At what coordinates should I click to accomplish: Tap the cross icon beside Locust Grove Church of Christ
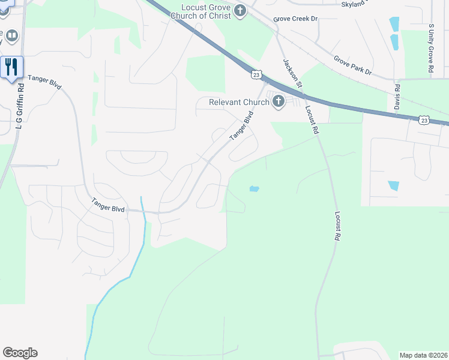(x=240, y=10)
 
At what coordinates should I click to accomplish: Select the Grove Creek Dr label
(x=295, y=19)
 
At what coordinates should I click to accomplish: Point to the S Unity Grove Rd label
(x=431, y=49)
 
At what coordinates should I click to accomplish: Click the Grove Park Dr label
(x=353, y=67)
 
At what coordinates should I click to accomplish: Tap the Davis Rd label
(x=397, y=95)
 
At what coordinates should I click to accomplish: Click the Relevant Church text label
(x=238, y=102)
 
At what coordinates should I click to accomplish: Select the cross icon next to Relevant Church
(x=278, y=101)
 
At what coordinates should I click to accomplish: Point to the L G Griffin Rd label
(x=20, y=108)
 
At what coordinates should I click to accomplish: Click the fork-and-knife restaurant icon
(x=11, y=67)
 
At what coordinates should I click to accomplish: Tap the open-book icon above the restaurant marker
(x=11, y=37)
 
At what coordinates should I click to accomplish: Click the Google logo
(x=20, y=353)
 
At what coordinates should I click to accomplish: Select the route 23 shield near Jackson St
(x=256, y=74)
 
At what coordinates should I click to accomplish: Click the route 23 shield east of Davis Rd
(x=424, y=121)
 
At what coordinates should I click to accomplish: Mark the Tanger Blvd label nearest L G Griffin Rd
(x=44, y=79)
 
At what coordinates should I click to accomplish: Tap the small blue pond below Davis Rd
(x=394, y=185)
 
